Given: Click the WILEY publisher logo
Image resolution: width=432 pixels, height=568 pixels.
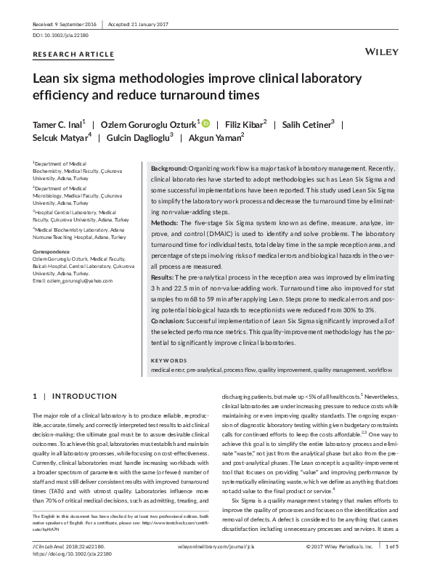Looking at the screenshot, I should click(x=378, y=53).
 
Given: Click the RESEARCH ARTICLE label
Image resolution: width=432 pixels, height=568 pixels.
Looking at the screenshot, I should click(x=73, y=54).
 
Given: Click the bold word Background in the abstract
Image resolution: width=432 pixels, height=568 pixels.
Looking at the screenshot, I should click(x=169, y=167).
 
